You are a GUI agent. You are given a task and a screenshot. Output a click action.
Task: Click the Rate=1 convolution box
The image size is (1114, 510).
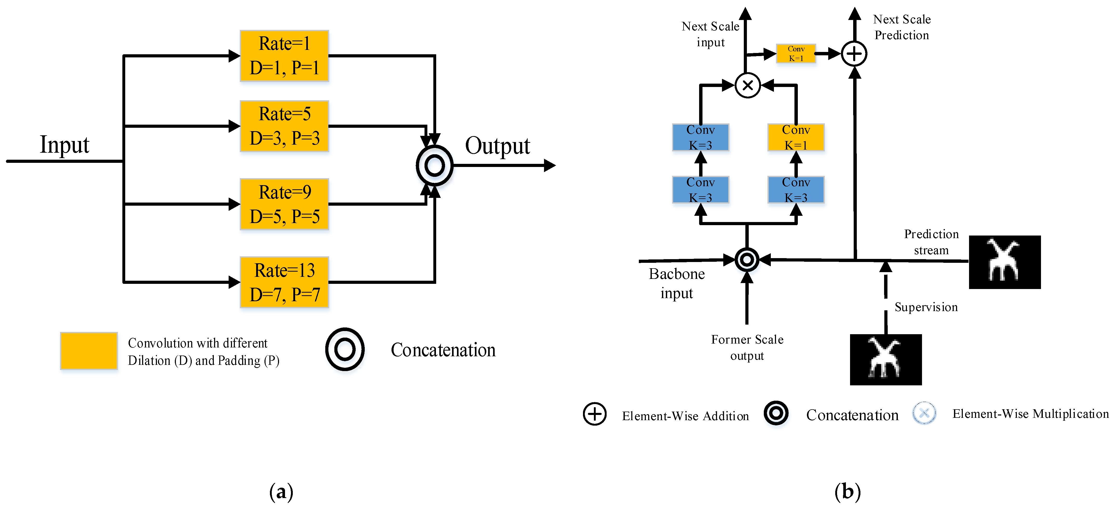[x=284, y=56]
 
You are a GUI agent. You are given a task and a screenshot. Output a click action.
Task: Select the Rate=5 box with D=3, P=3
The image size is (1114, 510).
[x=284, y=126]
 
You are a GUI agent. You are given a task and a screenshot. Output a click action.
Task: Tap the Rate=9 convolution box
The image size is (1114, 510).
[x=284, y=204]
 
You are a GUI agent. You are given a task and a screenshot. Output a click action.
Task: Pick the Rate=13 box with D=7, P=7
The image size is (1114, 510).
[x=284, y=282]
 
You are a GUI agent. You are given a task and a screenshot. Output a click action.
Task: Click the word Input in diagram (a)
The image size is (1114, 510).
[x=64, y=145]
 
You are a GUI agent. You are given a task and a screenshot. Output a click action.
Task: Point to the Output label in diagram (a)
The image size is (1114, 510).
[x=497, y=146]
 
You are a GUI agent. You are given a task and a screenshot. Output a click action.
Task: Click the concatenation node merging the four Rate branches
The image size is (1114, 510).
[x=434, y=165]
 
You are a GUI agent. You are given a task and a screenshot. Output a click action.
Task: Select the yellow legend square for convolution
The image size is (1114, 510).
[x=89, y=351]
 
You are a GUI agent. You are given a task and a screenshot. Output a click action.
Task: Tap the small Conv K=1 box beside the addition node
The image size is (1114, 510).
[x=796, y=53]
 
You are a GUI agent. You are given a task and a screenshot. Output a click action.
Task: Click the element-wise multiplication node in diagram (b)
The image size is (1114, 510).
[x=747, y=85]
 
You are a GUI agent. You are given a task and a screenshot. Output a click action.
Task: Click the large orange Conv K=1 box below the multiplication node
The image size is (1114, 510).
[x=796, y=137]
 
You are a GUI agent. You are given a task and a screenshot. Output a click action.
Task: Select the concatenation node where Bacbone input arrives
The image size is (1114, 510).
[x=747, y=260]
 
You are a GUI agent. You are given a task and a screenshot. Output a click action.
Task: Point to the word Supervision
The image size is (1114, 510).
[x=926, y=307]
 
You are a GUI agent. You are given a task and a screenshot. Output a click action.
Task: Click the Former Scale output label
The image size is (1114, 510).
[x=747, y=347]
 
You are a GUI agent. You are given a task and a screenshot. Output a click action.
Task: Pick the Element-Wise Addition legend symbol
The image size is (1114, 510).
[x=595, y=414]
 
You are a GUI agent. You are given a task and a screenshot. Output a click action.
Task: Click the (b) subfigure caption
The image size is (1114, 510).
[x=847, y=491]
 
